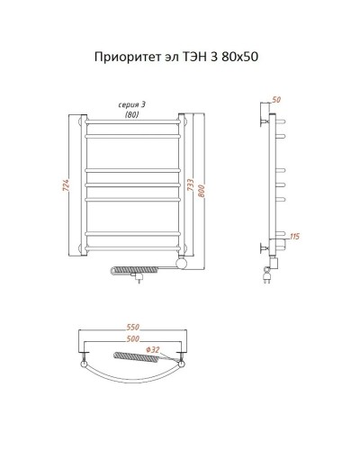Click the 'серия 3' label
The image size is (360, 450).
pyautogui.click(x=131, y=105)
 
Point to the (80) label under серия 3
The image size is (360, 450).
pyautogui.click(x=131, y=114)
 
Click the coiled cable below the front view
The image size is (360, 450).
pyautogui.click(x=130, y=269)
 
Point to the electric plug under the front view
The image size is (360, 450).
pyautogui.click(x=138, y=281)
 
